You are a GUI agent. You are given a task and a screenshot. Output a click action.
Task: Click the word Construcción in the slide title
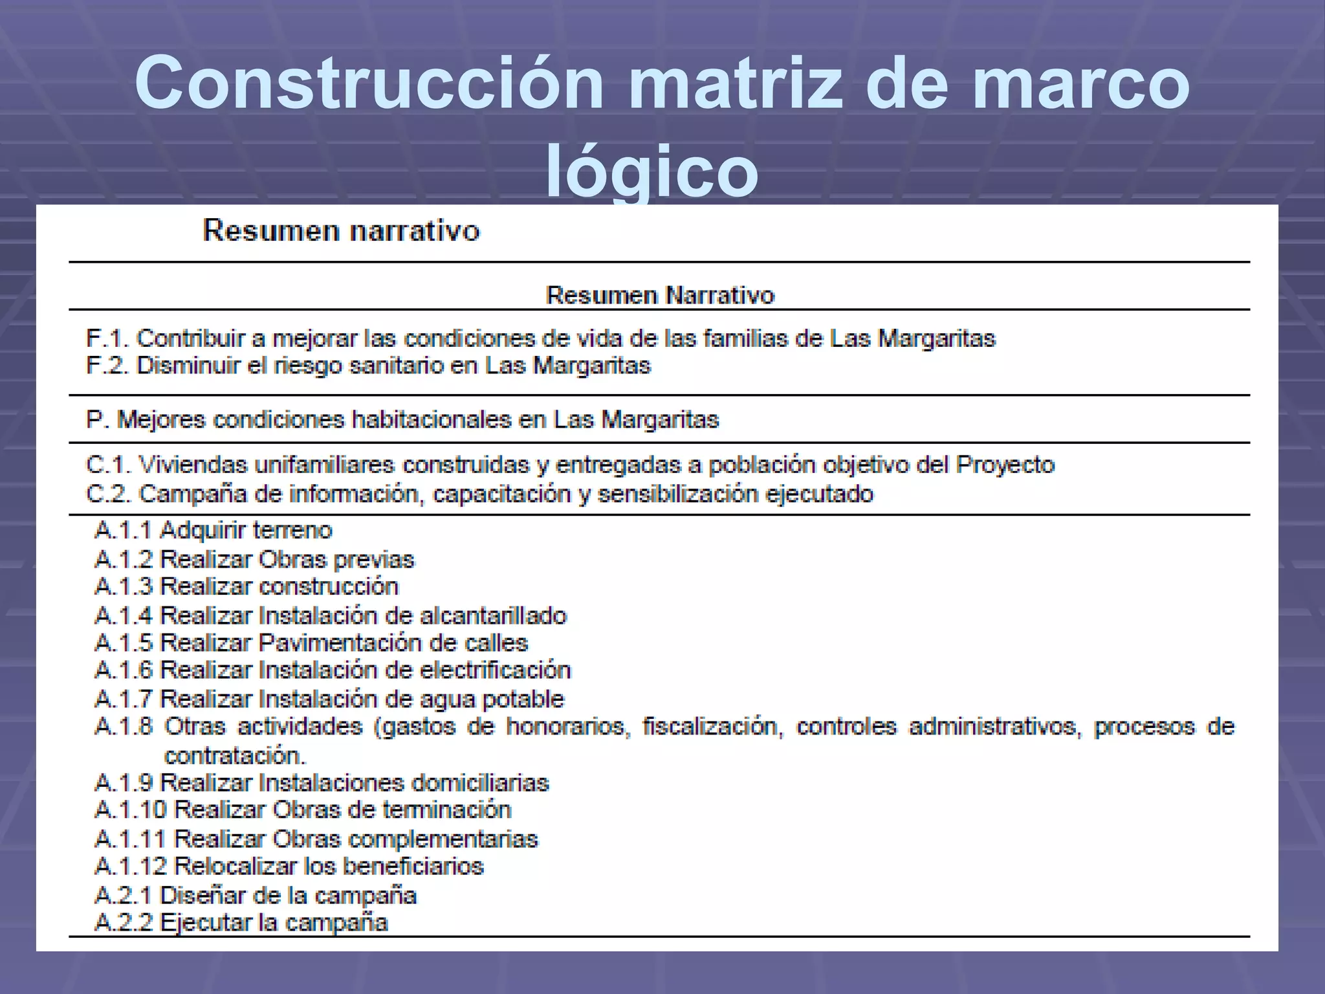click(x=369, y=83)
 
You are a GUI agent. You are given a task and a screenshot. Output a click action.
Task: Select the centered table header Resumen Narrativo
click(x=660, y=296)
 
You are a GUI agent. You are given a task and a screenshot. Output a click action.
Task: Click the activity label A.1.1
click(x=123, y=531)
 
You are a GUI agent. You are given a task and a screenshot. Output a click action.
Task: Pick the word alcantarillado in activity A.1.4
click(x=494, y=615)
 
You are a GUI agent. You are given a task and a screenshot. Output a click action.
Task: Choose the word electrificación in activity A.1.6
click(x=496, y=670)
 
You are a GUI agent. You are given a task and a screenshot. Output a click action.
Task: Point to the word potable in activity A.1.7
click(x=525, y=700)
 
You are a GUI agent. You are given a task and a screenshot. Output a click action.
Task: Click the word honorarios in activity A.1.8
click(x=567, y=727)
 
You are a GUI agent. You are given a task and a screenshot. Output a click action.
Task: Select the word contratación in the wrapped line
click(x=235, y=756)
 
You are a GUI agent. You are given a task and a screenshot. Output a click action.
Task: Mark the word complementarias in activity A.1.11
click(x=443, y=839)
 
